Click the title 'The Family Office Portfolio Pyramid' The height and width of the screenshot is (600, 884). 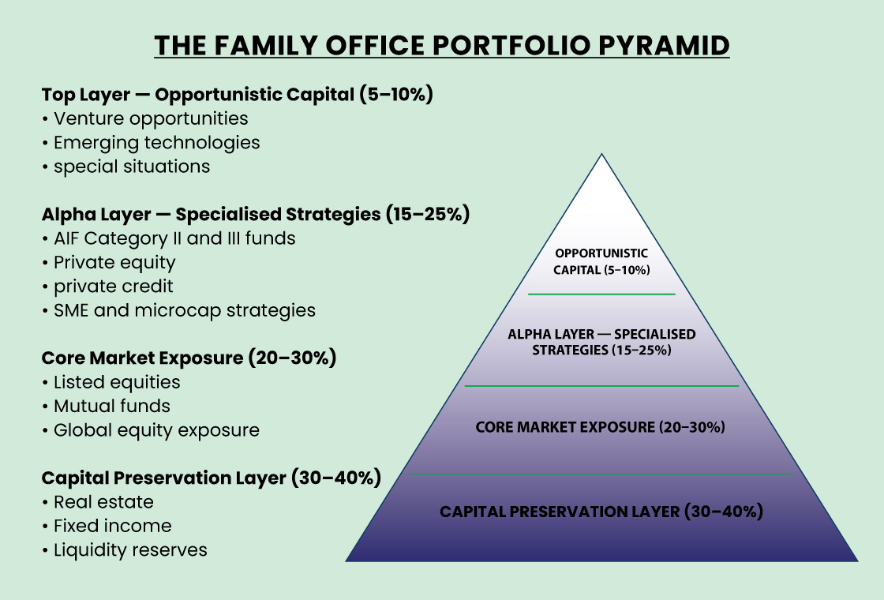(441, 46)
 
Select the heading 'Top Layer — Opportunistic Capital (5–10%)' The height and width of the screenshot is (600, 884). (238, 95)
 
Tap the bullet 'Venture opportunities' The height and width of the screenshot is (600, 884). (151, 118)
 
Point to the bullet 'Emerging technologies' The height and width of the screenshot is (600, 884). (156, 143)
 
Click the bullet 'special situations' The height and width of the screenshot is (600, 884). (132, 167)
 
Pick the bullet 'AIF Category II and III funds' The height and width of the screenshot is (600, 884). (174, 238)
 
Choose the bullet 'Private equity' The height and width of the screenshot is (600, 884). (114, 262)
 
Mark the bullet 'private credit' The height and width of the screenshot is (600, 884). (113, 286)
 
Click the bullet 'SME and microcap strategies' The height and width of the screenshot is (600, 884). (185, 310)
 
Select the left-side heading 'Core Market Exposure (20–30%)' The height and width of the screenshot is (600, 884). (189, 358)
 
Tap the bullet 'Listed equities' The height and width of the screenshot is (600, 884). (117, 382)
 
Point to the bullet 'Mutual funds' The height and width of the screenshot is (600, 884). (112, 407)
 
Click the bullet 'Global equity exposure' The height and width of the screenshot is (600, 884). (156, 430)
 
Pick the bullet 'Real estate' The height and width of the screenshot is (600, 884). (103, 502)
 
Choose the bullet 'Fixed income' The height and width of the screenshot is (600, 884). (112, 526)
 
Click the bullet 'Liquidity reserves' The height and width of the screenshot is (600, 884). (130, 550)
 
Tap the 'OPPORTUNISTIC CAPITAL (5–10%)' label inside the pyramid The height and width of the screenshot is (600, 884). (601, 261)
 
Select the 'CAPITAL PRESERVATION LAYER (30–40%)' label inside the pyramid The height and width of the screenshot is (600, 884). (601, 512)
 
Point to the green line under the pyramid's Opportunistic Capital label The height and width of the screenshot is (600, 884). (601, 294)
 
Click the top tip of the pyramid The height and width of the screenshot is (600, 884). (602, 155)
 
